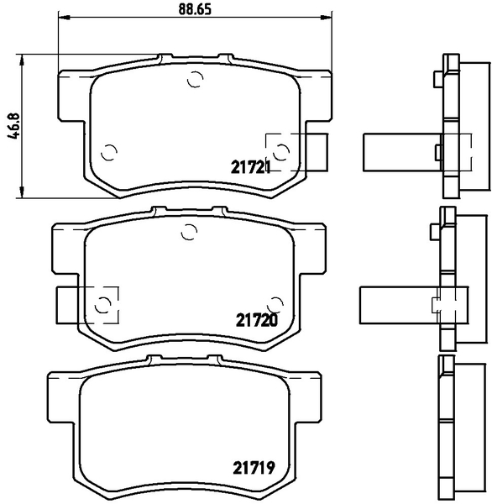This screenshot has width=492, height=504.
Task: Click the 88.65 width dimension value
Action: [195, 9]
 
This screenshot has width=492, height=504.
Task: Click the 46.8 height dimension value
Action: [13, 126]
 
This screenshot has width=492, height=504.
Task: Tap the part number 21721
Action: [250, 167]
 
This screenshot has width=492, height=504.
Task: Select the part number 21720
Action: [256, 320]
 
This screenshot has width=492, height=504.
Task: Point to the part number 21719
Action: [254, 467]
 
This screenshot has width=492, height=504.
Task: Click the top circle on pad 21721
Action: [195, 79]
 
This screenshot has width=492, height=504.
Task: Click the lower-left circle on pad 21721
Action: [109, 152]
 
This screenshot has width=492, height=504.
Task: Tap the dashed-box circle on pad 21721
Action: [282, 151]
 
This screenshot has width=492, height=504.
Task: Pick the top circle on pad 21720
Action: [189, 232]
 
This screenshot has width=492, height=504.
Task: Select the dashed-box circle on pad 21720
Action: [103, 304]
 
